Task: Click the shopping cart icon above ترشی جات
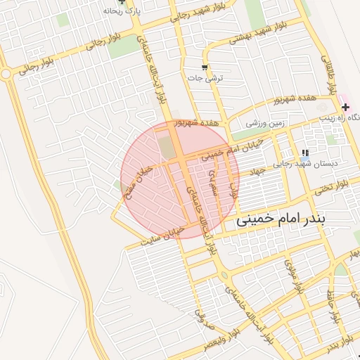coord(204,68)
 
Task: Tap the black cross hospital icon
coord(345,107)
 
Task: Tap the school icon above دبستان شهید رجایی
coord(304,153)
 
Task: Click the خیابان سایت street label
coord(163,234)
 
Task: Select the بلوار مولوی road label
coord(291,274)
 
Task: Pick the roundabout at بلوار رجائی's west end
coord(6,72)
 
